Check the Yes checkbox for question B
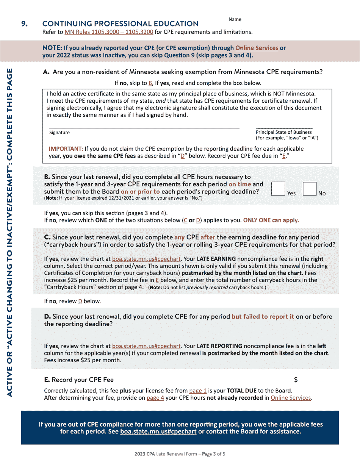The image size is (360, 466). (278, 188)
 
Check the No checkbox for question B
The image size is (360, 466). (310, 188)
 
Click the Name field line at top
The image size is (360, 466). (293, 21)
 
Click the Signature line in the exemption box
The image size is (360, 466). (144, 128)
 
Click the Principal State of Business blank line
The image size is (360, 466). (284, 128)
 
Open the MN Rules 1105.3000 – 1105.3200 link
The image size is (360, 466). (109, 32)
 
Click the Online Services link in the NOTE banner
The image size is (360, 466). (257, 48)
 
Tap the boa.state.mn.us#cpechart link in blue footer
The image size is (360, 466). (158, 432)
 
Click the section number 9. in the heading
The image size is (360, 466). (24, 24)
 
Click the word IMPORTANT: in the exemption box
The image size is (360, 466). (66, 149)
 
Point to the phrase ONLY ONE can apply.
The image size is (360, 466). (271, 220)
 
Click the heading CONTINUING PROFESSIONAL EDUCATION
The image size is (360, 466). (121, 24)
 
